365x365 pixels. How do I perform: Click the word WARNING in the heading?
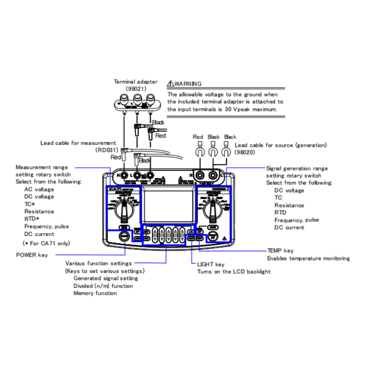188,83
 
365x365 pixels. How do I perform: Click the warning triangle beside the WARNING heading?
171,83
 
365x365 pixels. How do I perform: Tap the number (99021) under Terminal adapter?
136,89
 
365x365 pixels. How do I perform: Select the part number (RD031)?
106,150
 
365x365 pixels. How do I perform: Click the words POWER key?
31,255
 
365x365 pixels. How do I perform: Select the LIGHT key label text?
211,264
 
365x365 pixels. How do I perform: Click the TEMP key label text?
280,250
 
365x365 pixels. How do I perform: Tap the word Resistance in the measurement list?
39,212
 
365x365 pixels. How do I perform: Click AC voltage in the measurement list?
39,189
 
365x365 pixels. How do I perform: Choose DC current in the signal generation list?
289,227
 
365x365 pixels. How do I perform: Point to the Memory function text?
95,293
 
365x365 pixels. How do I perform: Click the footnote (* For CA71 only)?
46,243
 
